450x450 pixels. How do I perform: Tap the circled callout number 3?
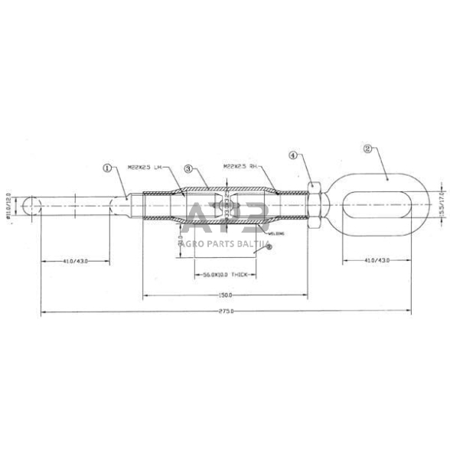[188, 168]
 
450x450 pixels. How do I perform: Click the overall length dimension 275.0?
[225, 311]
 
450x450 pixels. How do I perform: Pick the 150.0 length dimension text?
[224, 294]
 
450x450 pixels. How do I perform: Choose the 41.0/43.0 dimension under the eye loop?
[376, 261]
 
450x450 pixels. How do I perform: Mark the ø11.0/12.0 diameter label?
[10, 206]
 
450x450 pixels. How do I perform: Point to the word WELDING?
[254, 233]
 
